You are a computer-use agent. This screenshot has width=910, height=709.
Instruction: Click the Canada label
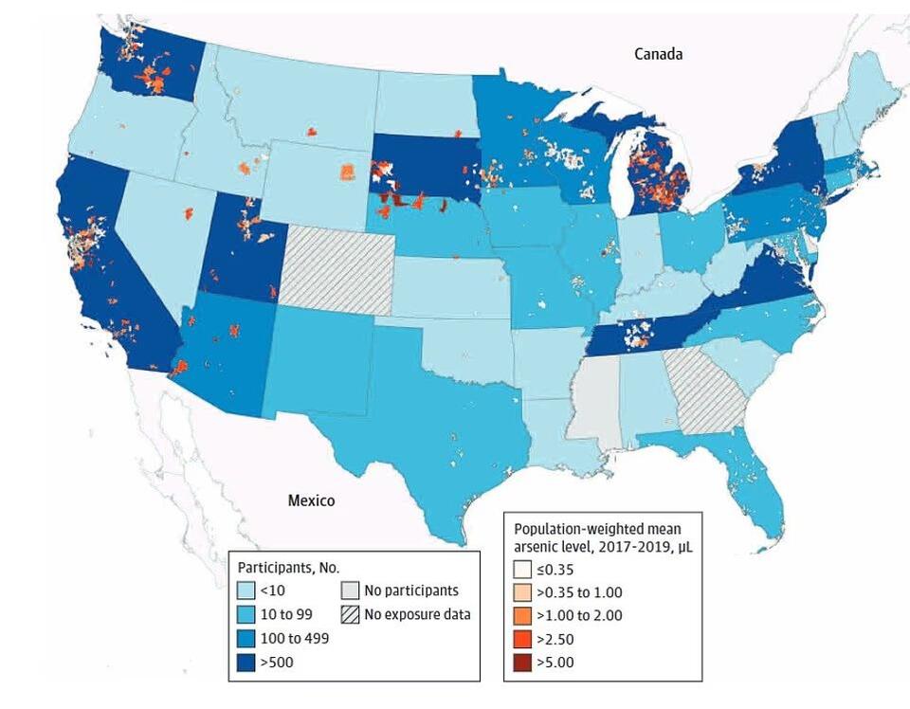tap(658, 54)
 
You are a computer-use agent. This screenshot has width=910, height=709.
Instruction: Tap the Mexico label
tap(311, 500)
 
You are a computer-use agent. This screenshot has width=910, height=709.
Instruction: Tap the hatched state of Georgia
tap(706, 389)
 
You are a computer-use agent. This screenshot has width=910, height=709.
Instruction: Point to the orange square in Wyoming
tap(348, 172)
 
